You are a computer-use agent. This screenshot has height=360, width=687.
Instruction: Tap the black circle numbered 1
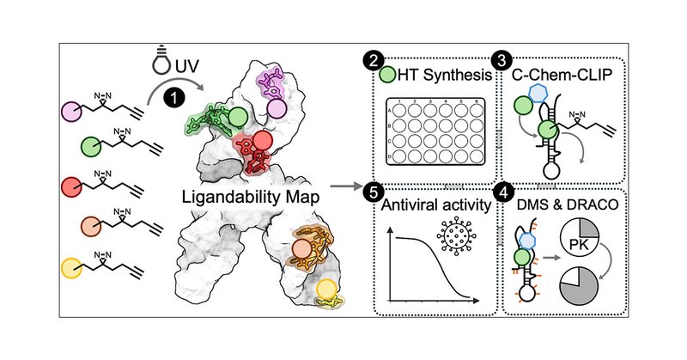tap(176, 100)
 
